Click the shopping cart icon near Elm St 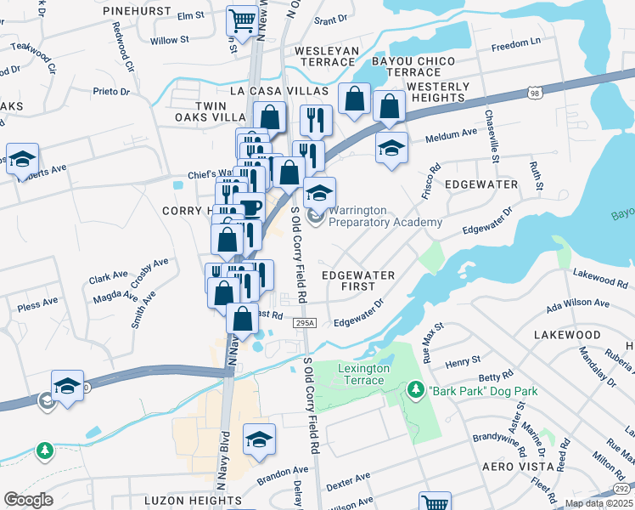243,20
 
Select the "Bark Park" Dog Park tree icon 416,391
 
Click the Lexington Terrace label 363,374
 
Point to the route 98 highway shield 533,92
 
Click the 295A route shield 306,323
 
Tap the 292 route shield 622,489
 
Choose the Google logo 28,500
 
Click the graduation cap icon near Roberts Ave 22,159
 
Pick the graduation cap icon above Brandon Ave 260,439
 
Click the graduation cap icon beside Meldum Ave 391,148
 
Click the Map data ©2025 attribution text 598,503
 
